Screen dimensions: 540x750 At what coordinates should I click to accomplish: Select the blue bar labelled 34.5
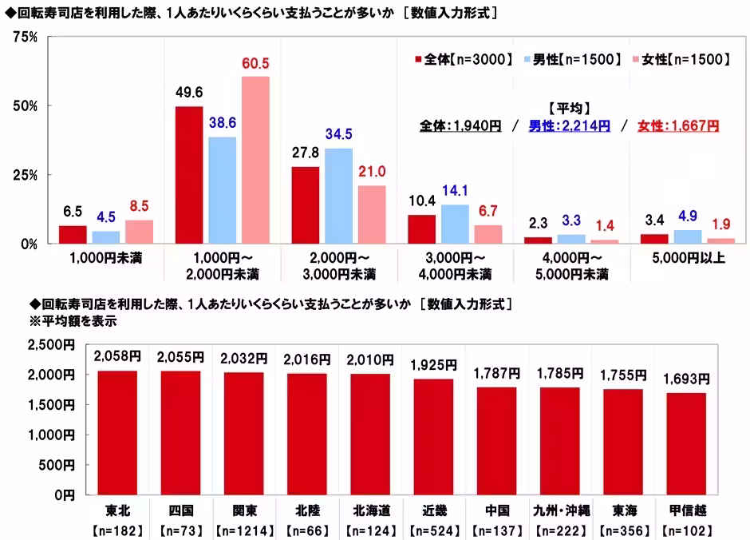(x=338, y=196)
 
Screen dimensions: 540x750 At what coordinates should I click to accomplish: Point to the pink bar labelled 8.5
(x=139, y=232)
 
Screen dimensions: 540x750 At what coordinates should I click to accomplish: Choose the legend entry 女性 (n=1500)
(x=680, y=59)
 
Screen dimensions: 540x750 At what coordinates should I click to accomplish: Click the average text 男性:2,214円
(x=569, y=125)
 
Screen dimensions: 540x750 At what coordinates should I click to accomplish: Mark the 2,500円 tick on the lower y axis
(x=50, y=344)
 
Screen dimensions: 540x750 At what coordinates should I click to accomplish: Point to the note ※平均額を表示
(x=73, y=321)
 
